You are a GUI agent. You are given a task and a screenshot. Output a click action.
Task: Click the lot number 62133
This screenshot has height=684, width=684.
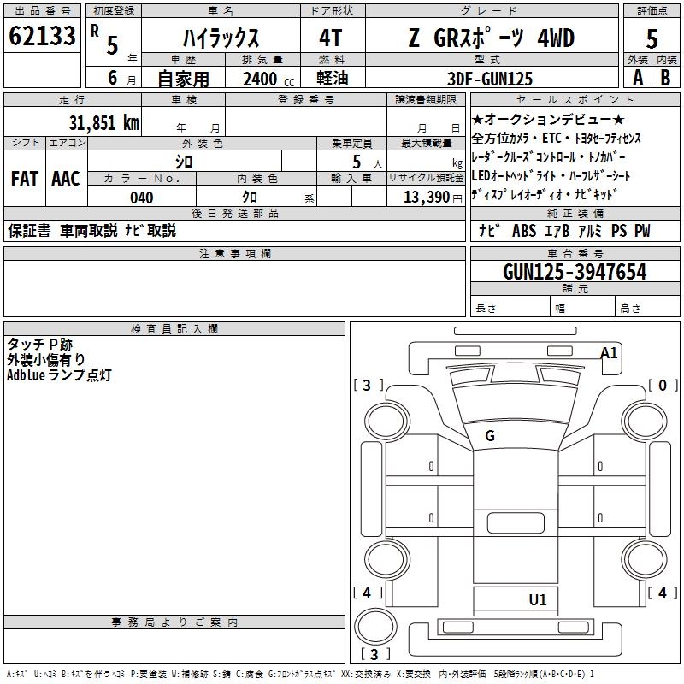point(42,37)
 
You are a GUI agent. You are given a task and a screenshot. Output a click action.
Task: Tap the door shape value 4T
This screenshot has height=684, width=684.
point(332,38)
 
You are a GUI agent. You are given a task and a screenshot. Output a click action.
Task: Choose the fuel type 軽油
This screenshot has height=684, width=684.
point(332,79)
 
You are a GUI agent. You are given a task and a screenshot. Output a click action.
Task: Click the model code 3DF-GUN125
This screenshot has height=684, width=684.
point(491,79)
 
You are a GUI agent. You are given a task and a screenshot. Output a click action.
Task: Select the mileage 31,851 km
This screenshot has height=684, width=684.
point(103,122)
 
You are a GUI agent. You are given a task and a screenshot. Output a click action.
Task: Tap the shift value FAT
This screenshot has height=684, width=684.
point(24,179)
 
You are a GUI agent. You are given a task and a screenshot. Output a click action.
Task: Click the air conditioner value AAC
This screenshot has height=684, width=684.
point(66,179)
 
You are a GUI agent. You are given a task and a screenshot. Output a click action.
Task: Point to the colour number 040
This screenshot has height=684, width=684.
point(142,198)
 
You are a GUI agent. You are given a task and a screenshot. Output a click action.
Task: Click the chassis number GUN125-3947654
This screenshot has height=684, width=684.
point(575,273)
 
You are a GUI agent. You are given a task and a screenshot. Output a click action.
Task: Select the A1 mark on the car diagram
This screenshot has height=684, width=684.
point(609,352)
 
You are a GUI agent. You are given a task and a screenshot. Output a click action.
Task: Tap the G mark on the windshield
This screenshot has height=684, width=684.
point(490,436)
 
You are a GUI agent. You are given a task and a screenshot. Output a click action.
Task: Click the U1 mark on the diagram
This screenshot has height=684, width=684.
point(538,600)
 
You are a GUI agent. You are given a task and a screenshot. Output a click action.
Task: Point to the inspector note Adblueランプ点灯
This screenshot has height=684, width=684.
point(59,375)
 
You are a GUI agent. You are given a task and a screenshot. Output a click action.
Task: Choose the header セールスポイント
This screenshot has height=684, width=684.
point(576,100)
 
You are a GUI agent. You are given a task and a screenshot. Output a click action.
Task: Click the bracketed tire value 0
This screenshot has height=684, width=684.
point(662,386)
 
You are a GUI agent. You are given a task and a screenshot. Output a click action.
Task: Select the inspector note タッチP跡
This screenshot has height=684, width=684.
point(40,344)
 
